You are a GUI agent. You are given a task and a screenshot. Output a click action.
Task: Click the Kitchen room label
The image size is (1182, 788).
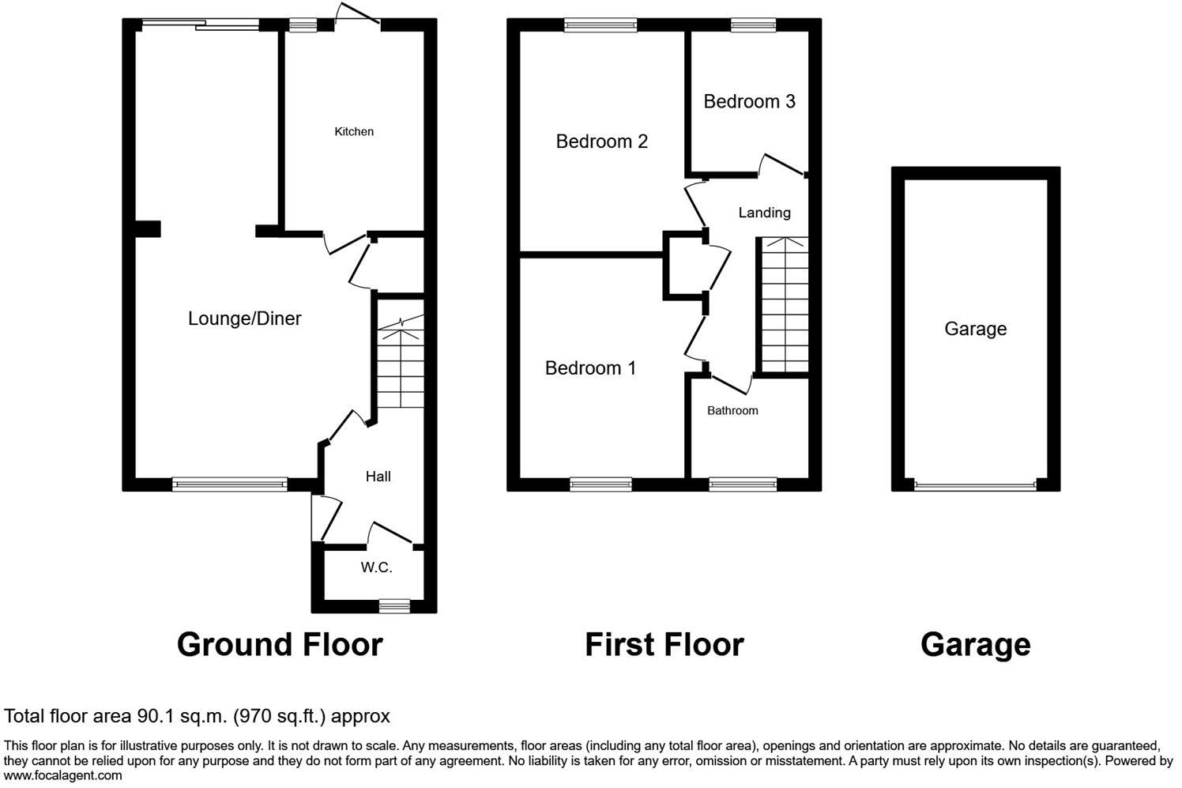tap(354, 131)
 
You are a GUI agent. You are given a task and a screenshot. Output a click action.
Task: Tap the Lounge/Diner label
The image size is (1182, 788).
tap(244, 319)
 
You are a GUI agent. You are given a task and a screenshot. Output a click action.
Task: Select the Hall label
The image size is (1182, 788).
tap(378, 477)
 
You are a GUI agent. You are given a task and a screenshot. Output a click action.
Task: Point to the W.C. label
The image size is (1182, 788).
tap(376, 567)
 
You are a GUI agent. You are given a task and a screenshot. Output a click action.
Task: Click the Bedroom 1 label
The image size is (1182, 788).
tap(590, 368)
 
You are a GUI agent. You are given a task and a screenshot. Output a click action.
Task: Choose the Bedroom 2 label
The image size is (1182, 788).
tap(601, 141)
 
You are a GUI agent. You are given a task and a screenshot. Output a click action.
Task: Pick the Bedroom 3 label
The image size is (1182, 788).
tap(749, 101)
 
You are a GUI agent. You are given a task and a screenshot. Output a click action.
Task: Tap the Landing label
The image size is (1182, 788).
tap(764, 213)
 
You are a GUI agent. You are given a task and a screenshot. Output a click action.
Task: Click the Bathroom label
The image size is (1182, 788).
tap(732, 411)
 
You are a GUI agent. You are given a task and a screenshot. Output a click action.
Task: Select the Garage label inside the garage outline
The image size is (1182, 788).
tap(975, 329)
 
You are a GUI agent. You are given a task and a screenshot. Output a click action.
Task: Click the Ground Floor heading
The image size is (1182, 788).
tap(280, 645)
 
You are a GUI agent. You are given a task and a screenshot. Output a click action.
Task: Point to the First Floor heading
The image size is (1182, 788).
tap(664, 645)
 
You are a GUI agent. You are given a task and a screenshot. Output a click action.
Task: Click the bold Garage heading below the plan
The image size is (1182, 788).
tap(975, 645)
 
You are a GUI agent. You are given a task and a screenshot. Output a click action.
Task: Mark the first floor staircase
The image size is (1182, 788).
tap(784, 304)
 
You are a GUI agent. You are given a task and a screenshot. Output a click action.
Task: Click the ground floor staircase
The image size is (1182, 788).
tap(401, 364)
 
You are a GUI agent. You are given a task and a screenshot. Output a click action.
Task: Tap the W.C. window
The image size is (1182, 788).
tap(393, 605)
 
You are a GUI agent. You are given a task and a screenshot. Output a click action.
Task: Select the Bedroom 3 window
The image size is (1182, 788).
tap(753, 25)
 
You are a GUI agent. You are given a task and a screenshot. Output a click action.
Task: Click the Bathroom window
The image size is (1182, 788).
tap(743, 484)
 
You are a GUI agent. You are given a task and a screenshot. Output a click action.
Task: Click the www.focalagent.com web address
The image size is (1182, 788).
tap(63, 775)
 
